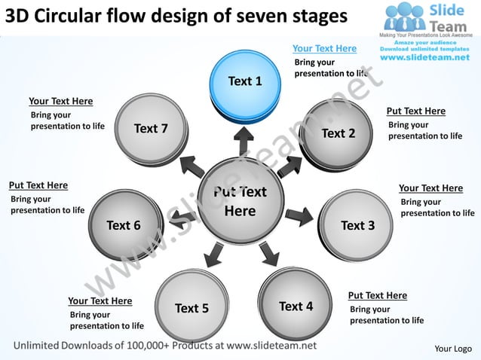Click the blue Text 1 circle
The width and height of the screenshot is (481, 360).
[x=245, y=81]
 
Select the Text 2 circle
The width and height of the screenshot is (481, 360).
[x=338, y=133]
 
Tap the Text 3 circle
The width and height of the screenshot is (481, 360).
[x=357, y=225]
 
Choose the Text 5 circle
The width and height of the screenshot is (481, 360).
[x=191, y=307]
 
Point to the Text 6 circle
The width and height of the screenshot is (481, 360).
[x=124, y=224]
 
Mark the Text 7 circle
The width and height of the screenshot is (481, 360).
[x=152, y=129]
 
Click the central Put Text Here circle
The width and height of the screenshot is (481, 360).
[x=240, y=201]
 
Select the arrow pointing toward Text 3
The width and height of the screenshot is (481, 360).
[x=299, y=217]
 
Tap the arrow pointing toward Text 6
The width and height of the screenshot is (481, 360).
[x=181, y=218]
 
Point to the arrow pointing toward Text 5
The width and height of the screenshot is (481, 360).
[x=213, y=255]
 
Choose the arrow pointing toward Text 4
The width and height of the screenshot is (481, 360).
[x=268, y=253]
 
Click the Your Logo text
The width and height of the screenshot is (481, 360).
[x=453, y=348]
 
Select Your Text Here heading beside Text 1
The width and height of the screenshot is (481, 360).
[x=324, y=49]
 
